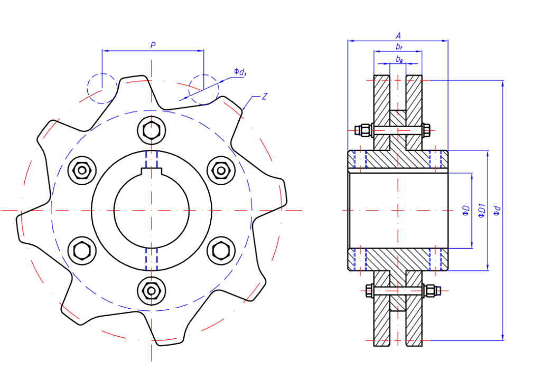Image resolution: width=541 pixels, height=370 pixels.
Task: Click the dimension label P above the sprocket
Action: (152, 45)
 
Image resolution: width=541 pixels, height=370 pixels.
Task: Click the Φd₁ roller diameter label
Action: (240, 72)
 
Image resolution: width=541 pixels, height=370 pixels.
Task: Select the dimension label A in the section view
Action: (398, 35)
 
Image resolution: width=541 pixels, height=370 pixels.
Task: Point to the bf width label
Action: (398, 47)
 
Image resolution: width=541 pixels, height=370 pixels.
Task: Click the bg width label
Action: (399, 60)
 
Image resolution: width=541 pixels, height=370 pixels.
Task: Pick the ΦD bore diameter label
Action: (465, 211)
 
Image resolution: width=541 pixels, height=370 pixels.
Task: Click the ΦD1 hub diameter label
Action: (481, 211)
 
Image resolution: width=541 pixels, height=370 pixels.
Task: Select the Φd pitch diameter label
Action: (496, 211)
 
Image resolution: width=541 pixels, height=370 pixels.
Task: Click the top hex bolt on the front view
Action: (151, 129)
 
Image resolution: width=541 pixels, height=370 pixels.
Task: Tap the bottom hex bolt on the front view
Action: (151, 291)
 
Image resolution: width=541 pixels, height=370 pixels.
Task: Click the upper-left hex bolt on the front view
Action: (82, 170)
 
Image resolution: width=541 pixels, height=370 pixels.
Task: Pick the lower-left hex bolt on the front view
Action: (82, 250)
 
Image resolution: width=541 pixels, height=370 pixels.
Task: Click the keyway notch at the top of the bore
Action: (151, 170)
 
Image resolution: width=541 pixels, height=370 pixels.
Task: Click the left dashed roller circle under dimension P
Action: (101, 88)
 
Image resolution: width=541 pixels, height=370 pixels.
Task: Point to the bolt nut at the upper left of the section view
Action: (363, 129)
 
